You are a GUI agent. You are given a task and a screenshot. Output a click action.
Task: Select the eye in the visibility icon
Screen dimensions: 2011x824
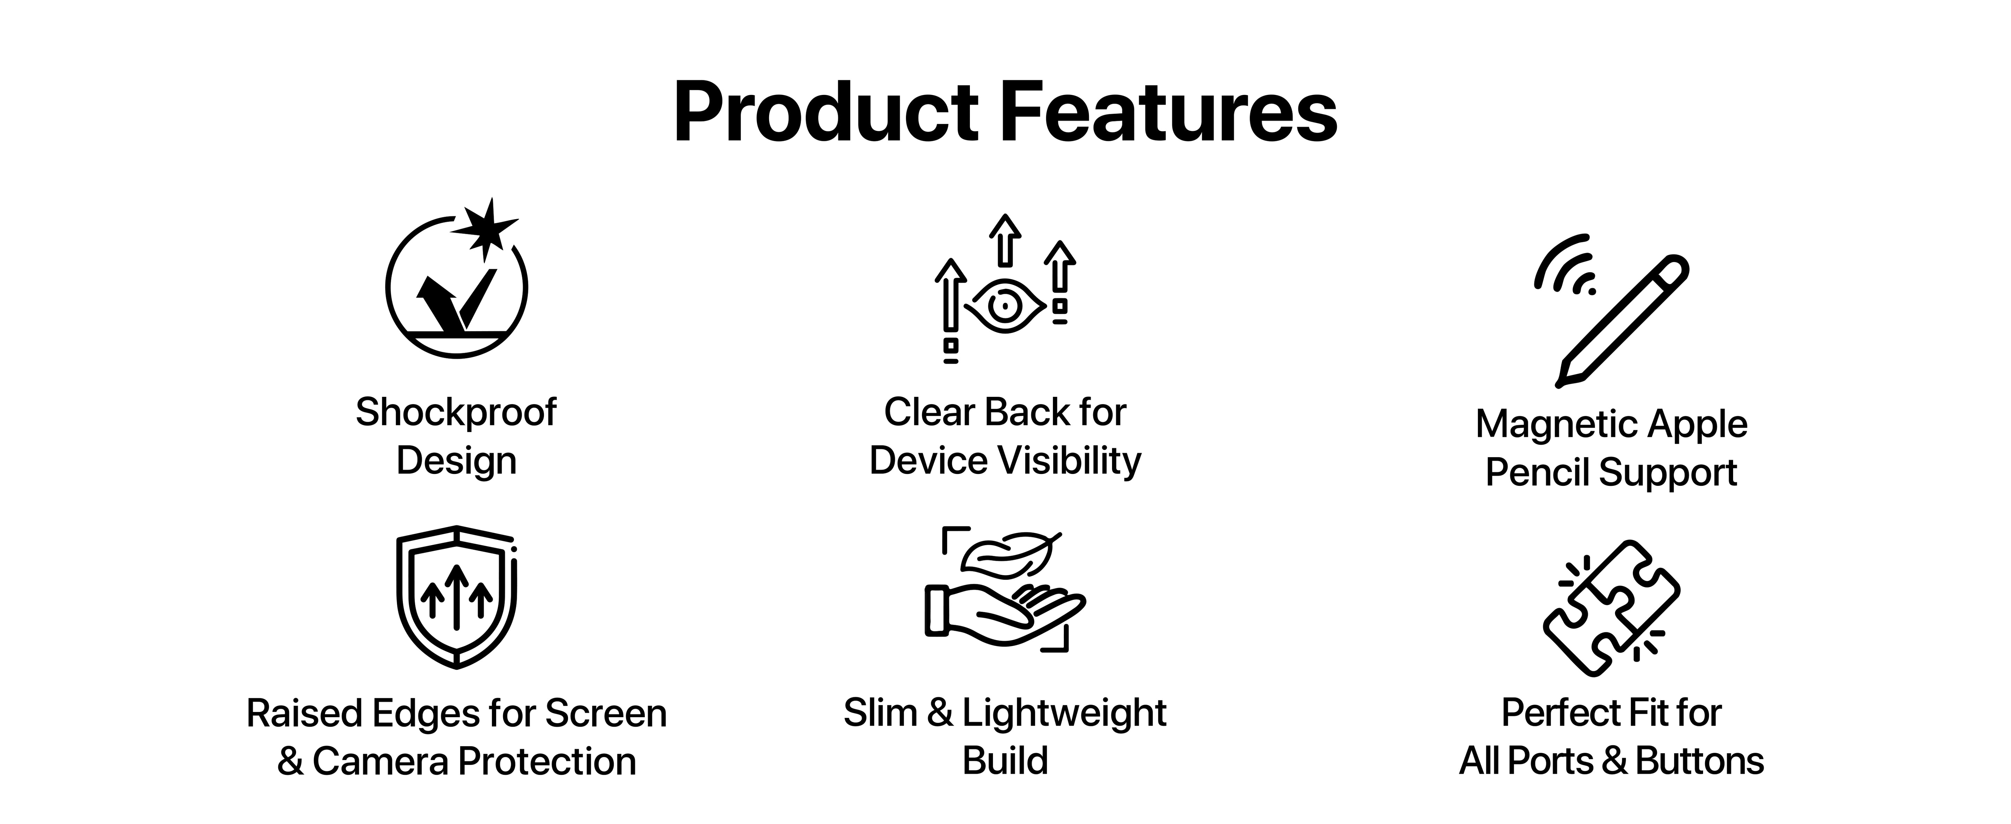[1004, 305]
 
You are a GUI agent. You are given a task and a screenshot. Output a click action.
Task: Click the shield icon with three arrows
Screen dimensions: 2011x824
[457, 597]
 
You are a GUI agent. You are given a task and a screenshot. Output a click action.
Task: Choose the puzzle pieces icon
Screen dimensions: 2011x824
[1611, 608]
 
